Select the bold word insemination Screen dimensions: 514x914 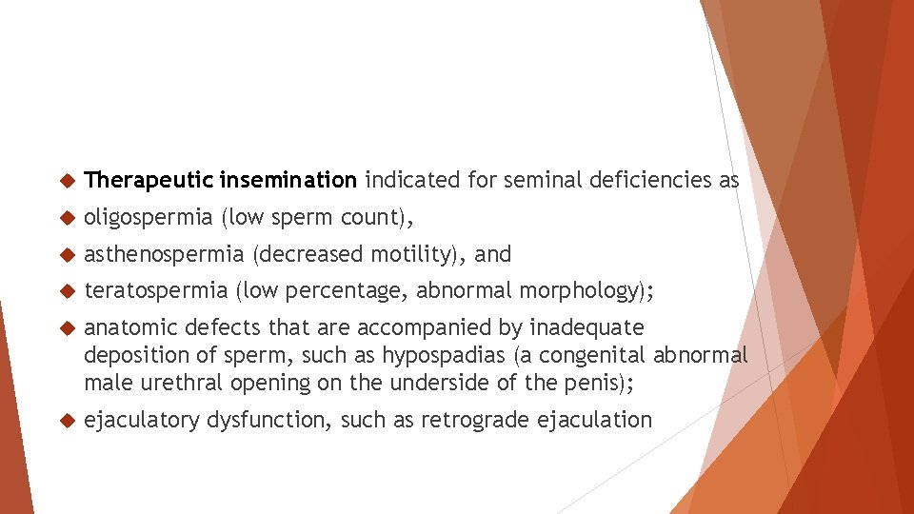288,179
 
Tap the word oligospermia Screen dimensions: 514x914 149,217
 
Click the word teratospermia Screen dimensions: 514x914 156,290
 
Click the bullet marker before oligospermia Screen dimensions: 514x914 66,218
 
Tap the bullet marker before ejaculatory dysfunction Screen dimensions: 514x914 66,421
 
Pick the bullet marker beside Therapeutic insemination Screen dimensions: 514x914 66,180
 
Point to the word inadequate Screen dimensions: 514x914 586,328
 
